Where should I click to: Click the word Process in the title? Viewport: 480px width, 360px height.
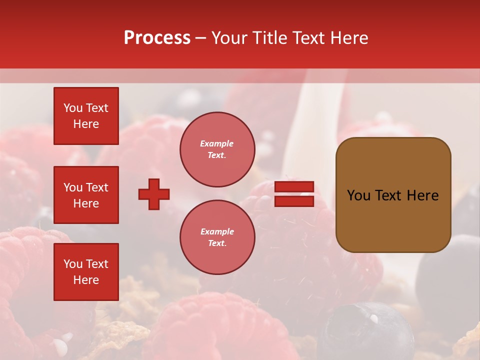tap(157, 38)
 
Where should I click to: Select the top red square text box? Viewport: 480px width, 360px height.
tap(86, 116)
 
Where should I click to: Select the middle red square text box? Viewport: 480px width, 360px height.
tap(86, 195)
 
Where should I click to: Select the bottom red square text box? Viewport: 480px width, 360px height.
tap(86, 272)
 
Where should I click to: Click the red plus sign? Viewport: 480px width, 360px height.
tap(154, 194)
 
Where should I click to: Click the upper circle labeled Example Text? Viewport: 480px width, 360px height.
tap(217, 149)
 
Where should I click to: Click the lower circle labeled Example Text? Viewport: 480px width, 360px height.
tap(217, 237)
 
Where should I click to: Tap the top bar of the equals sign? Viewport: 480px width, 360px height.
tap(294, 187)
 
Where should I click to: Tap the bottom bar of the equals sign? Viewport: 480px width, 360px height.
tap(294, 201)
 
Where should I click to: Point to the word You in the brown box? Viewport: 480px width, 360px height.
tap(358, 195)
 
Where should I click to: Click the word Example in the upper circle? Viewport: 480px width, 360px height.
tap(216, 143)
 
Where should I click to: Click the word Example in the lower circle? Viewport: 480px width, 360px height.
tap(217, 231)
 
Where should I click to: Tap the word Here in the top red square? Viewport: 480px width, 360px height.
tap(86, 124)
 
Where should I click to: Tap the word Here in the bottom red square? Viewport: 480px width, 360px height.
tap(86, 280)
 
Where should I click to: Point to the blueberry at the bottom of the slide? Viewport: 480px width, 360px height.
tap(367, 330)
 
